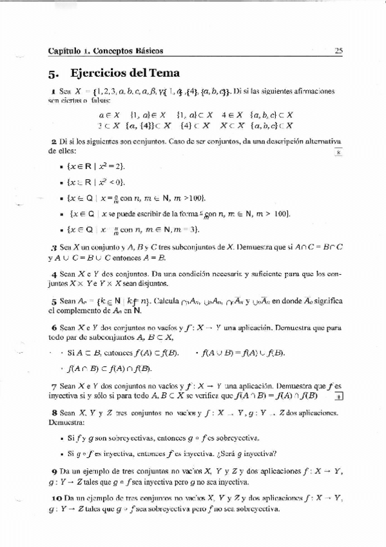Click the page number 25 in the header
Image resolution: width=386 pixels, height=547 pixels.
click(x=338, y=50)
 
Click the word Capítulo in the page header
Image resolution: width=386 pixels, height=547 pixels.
click(x=64, y=50)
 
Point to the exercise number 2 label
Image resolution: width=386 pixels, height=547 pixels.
click(x=52, y=141)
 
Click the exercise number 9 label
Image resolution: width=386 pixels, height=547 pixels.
click(x=53, y=470)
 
